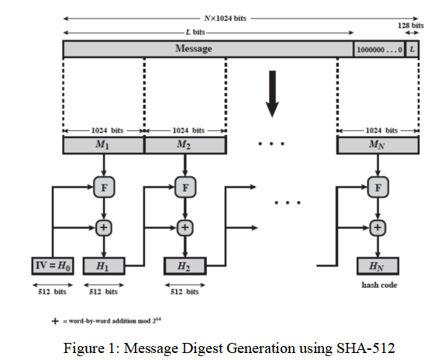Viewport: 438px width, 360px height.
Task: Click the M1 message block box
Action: [103, 145]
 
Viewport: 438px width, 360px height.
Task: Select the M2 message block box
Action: [184, 145]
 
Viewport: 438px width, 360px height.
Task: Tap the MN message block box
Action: [378, 145]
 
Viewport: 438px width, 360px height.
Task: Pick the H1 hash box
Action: [103, 266]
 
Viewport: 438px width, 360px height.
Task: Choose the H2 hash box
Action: [184, 266]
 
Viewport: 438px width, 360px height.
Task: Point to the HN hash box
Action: [378, 266]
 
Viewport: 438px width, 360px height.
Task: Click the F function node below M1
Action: [103, 186]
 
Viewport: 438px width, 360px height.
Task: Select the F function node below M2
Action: [184, 186]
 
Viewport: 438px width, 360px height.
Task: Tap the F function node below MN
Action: [378, 186]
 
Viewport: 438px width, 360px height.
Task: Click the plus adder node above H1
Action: [103, 227]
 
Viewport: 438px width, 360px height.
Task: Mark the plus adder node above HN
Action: [378, 227]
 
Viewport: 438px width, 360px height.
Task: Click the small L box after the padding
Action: [412, 49]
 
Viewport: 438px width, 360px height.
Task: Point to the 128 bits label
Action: [411, 26]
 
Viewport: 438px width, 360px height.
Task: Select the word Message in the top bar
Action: [194, 49]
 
